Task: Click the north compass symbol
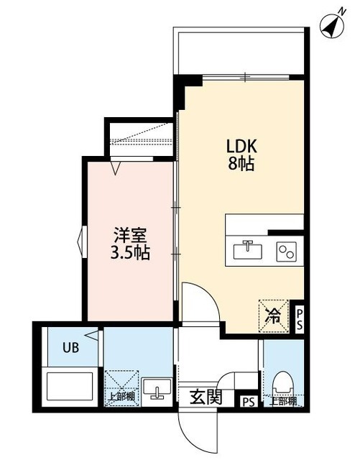[331, 25]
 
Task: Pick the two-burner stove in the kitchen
[287, 251]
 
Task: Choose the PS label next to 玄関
[248, 402]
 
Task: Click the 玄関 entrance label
[206, 397]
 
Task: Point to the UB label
[70, 348]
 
